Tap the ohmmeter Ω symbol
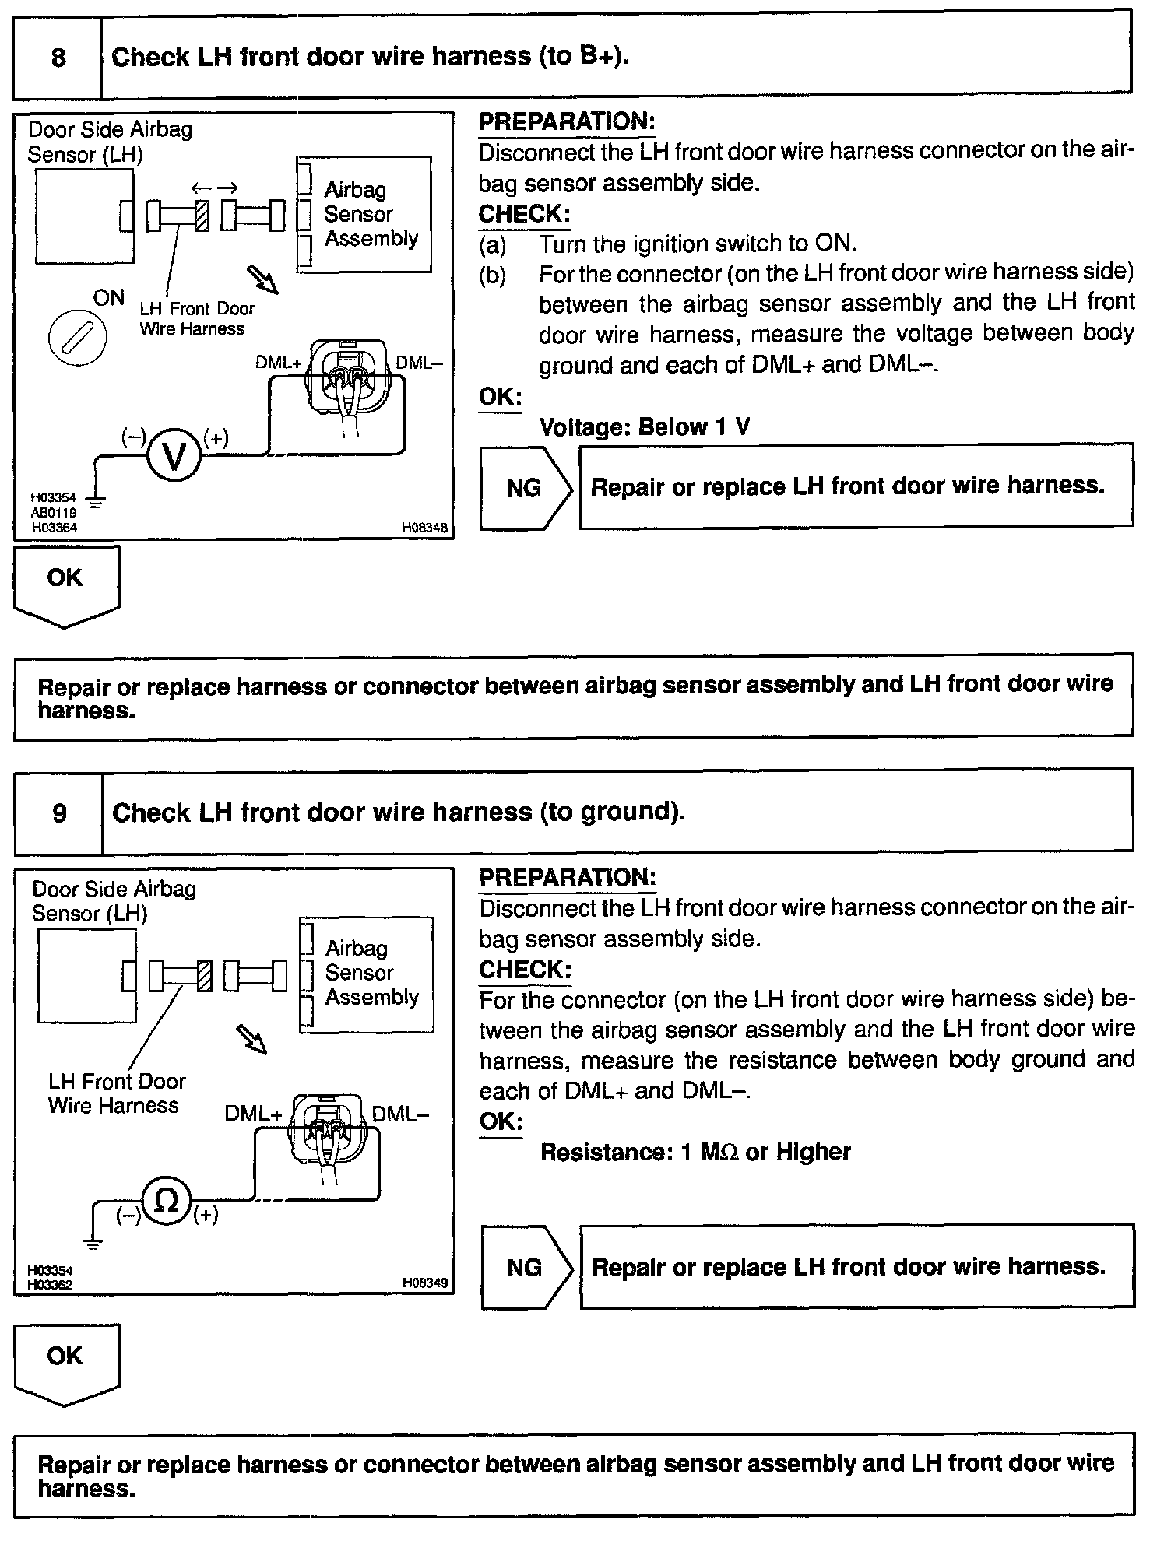click(166, 1202)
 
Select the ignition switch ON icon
click(76, 339)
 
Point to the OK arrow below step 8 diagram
click(65, 584)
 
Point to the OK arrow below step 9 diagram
click(65, 1363)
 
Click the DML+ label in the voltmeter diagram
click(278, 363)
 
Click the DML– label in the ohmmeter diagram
click(399, 1114)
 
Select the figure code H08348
click(424, 528)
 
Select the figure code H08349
click(425, 1283)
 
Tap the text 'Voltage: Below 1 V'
click(645, 427)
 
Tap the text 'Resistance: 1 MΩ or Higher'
click(695, 1152)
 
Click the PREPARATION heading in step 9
click(568, 877)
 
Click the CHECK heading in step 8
click(524, 214)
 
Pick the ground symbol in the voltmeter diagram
click(96, 501)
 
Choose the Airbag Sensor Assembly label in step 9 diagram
click(371, 973)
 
